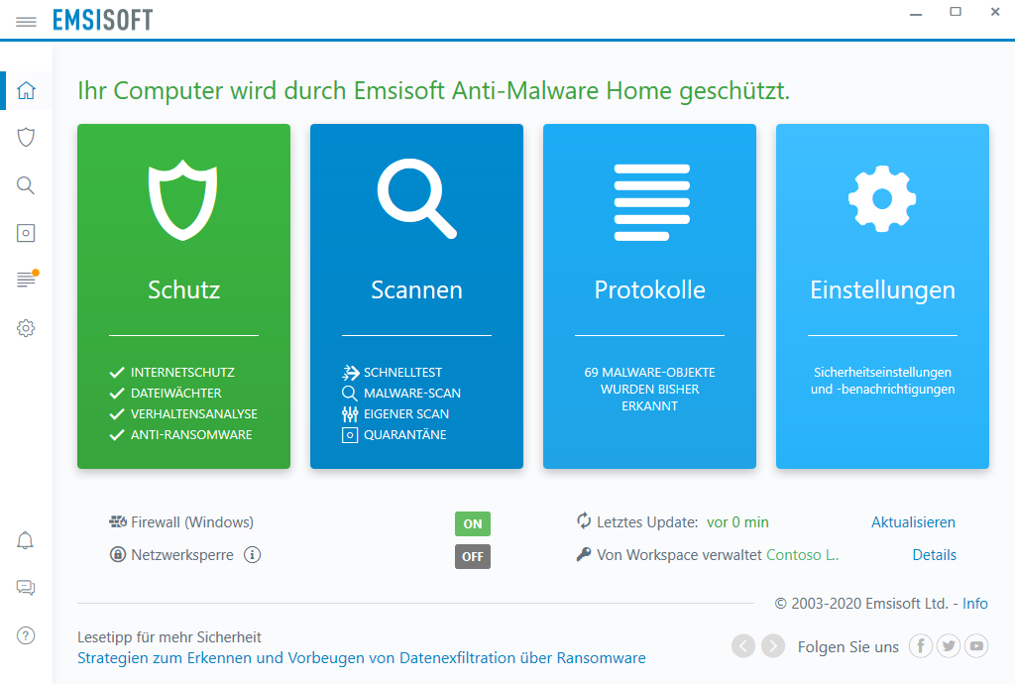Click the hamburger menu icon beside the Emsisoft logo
[x=26, y=22]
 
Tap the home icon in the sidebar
[x=26, y=90]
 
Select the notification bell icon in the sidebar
[x=25, y=540]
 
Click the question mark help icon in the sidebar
[x=26, y=635]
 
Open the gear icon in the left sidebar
[x=26, y=328]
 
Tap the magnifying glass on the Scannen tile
[x=417, y=198]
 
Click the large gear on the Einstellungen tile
[x=882, y=198]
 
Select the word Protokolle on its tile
[x=650, y=289]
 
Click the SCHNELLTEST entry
[x=402, y=372]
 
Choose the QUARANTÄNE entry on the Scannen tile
[x=405, y=435]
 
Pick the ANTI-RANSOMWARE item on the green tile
[x=191, y=435]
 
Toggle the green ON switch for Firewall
[x=473, y=523]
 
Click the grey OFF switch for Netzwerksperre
[x=473, y=556]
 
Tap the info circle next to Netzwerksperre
[x=253, y=554]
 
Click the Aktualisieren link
[x=913, y=522]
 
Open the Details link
[x=934, y=554]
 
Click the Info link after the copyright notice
[x=975, y=603]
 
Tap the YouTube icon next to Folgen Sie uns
[x=976, y=645]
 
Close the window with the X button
[x=995, y=12]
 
